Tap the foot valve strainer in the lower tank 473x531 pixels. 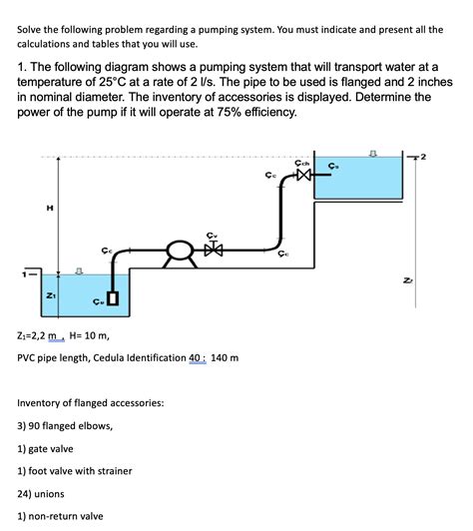[x=113, y=297]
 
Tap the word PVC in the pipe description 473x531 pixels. [x=30, y=357]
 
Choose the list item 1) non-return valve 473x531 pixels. [x=61, y=516]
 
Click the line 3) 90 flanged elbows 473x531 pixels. [x=65, y=425]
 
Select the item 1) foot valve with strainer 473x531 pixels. [x=75, y=470]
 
